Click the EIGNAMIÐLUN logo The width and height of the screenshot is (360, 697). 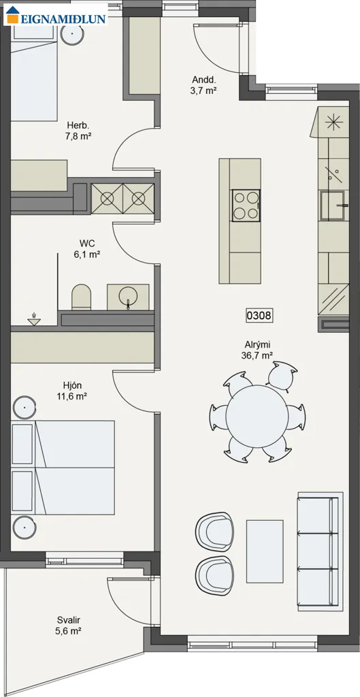(x=56, y=15)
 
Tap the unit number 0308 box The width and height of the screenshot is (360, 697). (x=259, y=316)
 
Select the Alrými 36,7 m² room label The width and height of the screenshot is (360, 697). (x=258, y=349)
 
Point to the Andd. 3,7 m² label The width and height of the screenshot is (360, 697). (x=204, y=85)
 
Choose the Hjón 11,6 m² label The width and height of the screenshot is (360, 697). (x=71, y=391)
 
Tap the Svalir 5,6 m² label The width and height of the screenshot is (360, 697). (x=69, y=625)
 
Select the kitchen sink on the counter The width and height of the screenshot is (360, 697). (x=333, y=206)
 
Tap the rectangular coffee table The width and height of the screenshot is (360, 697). (x=265, y=551)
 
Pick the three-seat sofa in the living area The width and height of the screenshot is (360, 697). (x=320, y=551)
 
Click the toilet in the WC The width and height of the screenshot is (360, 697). (x=82, y=297)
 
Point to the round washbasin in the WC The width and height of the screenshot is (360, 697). (x=128, y=296)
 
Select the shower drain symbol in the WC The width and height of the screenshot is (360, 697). (x=34, y=321)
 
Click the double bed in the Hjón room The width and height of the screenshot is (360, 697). (x=63, y=468)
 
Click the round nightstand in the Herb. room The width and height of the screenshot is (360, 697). (x=71, y=33)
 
